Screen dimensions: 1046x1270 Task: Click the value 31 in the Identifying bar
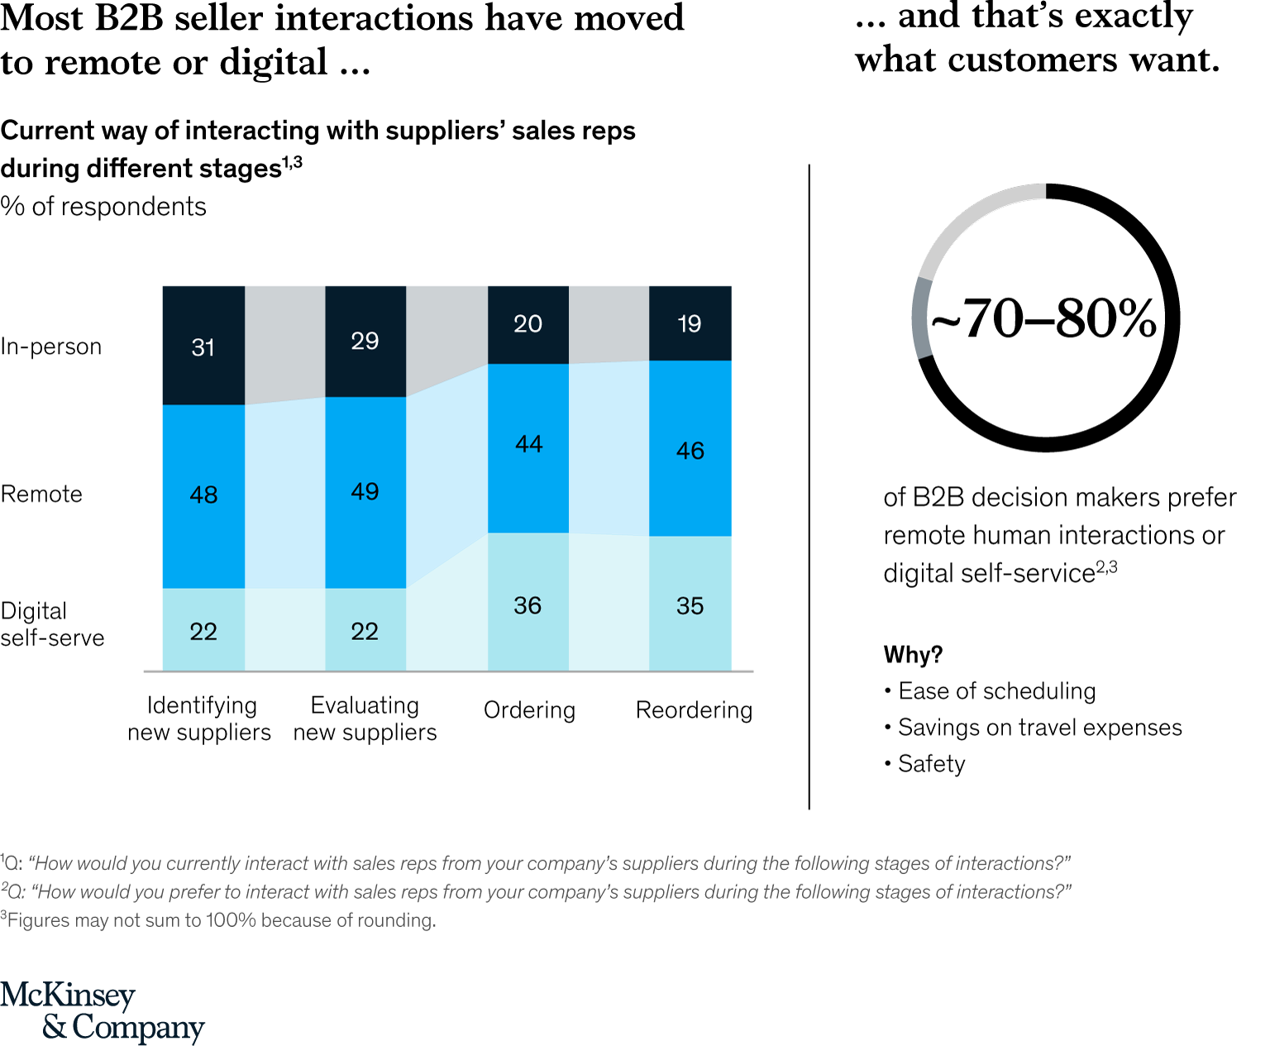[x=203, y=347]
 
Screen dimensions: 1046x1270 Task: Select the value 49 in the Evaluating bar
[x=365, y=491]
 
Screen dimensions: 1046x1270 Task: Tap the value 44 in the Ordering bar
[x=528, y=444]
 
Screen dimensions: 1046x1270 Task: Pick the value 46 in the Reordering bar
[x=690, y=451]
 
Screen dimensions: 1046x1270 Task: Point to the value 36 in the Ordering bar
[x=528, y=605]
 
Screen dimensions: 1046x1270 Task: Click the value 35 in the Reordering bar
[x=690, y=605]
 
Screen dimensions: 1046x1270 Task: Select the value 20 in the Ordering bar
[x=528, y=323]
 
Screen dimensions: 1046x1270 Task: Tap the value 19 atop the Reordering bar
[x=689, y=323]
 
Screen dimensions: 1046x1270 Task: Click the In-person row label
[x=51, y=346]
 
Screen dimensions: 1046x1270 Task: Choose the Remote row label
[x=41, y=494]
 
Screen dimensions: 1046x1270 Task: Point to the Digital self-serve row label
[x=52, y=624]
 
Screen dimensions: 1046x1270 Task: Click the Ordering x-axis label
[x=529, y=710]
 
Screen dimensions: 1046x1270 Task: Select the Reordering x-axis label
[x=694, y=710]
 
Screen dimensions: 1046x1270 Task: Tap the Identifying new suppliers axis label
[x=199, y=719]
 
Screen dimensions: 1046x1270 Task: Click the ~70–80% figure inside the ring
[x=1044, y=318]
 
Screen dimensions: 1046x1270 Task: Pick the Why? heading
[x=913, y=655]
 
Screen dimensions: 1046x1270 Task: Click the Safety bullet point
[x=931, y=764]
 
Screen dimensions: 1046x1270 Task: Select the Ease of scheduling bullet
[x=996, y=691]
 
